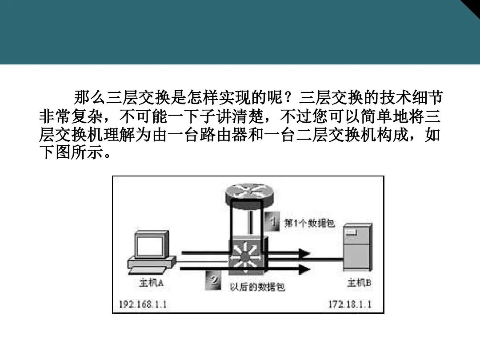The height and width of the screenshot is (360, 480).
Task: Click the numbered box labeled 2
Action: click(214, 281)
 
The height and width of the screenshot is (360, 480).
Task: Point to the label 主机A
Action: click(151, 283)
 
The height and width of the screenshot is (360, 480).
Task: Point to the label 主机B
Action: click(359, 283)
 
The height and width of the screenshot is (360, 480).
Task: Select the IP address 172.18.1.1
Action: click(350, 304)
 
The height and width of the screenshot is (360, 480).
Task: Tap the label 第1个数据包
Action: click(309, 223)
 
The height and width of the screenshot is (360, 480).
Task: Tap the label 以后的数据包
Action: click(257, 287)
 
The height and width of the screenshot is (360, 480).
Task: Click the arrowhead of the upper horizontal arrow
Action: click(304, 253)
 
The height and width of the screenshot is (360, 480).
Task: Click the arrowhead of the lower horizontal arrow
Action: click(304, 268)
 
